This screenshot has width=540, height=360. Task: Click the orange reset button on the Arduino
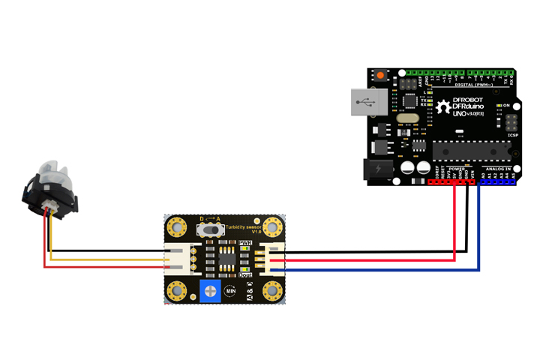coord(380,76)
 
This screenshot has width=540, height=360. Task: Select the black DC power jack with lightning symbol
coord(376,169)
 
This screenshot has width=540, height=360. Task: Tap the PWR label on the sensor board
coord(245,243)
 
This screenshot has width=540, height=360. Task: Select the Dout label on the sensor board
coord(245,274)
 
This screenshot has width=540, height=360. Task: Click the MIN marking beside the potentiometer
coord(230,290)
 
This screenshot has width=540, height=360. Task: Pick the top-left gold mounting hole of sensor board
coord(178,226)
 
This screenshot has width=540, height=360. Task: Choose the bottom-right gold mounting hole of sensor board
coord(274,291)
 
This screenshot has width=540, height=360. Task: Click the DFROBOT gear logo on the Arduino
coord(444,107)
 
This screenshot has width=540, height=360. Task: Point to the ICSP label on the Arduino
coord(512,135)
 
